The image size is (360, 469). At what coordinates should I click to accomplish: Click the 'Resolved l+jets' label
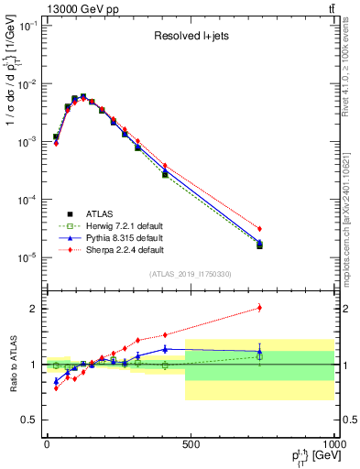coord(191,37)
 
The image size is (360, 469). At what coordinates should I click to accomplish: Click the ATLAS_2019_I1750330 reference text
coord(191,274)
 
